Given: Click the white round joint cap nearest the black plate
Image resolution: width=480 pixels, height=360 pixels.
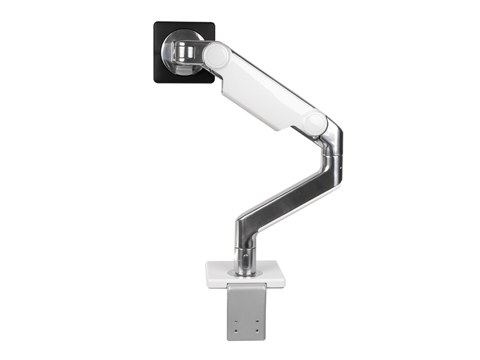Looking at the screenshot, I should pos(214,55).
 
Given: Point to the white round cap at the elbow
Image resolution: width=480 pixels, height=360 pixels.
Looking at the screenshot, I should pos(314,122).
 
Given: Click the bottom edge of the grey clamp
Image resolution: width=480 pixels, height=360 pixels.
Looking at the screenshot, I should pos(246,339).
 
